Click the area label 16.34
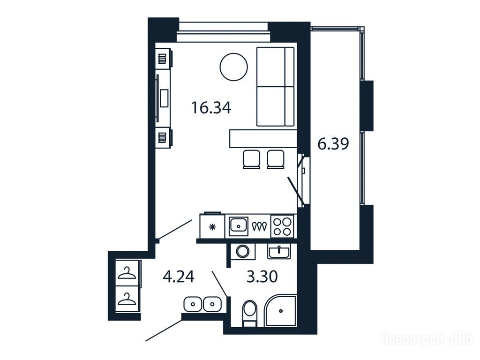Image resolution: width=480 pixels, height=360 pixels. pos(211,108)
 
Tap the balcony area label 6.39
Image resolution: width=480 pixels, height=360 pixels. pos(333,144)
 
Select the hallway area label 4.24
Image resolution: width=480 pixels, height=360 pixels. pos(179,277)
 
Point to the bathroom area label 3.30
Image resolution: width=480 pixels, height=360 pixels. pos(262,277)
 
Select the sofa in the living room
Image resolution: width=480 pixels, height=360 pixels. pos(275,87)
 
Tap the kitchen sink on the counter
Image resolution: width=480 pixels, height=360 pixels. pos(239,226)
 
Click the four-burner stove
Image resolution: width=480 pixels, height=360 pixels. pos(282,226)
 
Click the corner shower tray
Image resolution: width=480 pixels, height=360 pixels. pos(281,311)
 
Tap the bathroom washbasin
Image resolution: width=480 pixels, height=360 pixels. pos(279,252)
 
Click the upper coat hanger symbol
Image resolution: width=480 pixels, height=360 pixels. pos(127,273)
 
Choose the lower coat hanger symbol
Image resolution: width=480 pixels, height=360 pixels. pos(127,299)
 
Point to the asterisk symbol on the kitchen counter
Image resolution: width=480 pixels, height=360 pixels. pos(212,227)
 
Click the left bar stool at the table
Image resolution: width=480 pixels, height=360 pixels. pos(252,159)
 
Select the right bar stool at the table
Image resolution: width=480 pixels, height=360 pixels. pos(276,159)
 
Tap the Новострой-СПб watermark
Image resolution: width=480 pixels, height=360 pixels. pos(427,339)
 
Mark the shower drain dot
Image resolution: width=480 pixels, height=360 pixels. pos(281,311)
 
